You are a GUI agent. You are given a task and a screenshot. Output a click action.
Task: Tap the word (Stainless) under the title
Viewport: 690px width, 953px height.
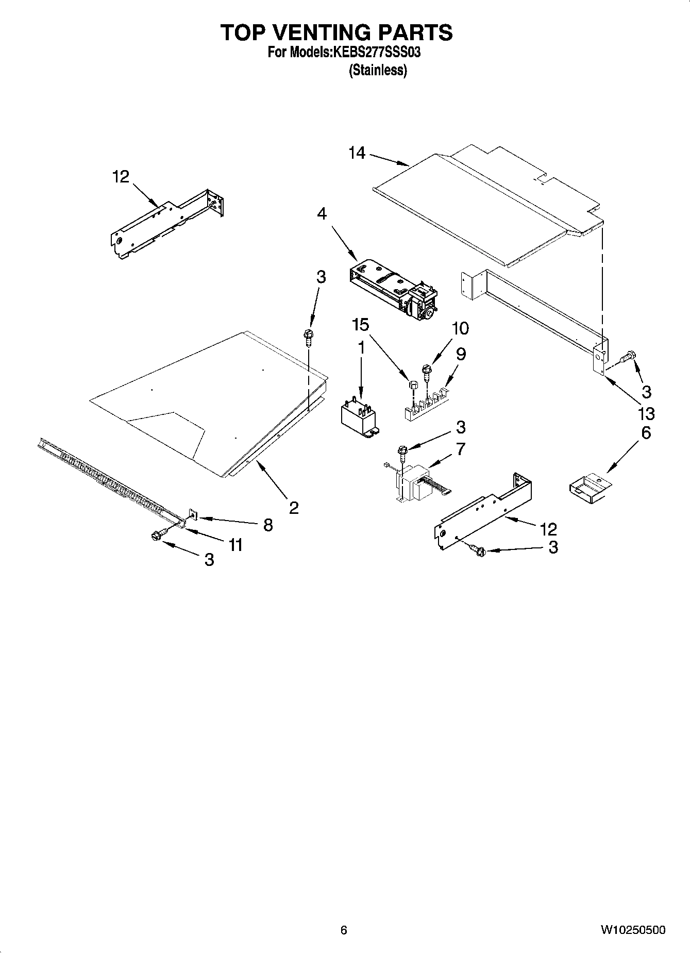coord(378,71)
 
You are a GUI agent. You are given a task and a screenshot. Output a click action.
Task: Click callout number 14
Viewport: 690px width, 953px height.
coord(357,153)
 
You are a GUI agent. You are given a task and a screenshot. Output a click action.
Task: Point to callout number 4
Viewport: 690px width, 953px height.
coord(322,213)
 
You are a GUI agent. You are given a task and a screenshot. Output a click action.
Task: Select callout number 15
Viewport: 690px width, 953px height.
coord(361,325)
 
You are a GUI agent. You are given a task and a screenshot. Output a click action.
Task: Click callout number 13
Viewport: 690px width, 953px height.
coord(646,413)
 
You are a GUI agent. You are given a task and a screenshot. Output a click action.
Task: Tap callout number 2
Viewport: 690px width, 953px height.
coord(293,508)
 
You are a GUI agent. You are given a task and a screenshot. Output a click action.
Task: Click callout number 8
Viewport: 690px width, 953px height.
coord(268,525)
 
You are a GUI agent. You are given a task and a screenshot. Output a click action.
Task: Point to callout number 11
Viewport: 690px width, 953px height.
coord(235,544)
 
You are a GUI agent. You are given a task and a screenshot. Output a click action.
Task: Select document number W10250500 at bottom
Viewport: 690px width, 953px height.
coord(632,930)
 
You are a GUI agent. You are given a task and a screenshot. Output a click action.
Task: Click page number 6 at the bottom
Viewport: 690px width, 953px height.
coord(344,930)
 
